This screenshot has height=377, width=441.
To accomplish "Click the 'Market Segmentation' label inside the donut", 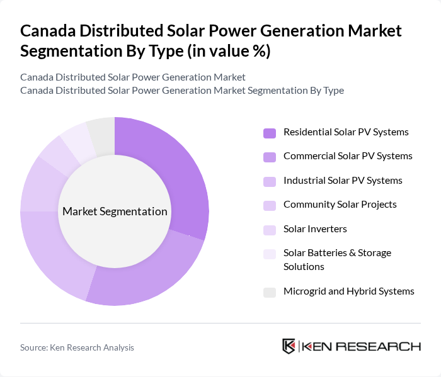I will click(115, 211).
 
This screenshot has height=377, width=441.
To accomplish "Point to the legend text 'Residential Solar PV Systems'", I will click(346, 132).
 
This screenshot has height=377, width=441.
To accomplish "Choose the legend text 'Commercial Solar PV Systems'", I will click(348, 156).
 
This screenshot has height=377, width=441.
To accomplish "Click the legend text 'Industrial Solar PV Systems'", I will click(343, 181).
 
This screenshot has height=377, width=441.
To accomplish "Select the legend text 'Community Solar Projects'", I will click(340, 205).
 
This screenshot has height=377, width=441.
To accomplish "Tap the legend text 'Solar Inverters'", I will click(315, 229).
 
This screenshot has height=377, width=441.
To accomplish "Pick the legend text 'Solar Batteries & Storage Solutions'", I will click(337, 259).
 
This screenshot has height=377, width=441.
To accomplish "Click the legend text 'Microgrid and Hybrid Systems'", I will click(349, 291).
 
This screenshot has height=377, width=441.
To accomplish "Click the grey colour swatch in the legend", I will click(270, 292).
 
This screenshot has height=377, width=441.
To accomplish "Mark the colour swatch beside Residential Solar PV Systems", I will click(270, 133).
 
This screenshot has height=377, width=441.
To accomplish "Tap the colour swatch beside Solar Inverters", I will click(270, 230).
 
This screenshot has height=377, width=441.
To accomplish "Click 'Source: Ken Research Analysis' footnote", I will click(77, 347).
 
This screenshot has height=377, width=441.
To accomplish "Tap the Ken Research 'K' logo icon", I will click(289, 346).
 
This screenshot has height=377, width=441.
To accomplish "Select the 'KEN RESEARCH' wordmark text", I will click(361, 346).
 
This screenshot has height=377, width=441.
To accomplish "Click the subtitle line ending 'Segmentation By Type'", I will click(182, 90).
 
